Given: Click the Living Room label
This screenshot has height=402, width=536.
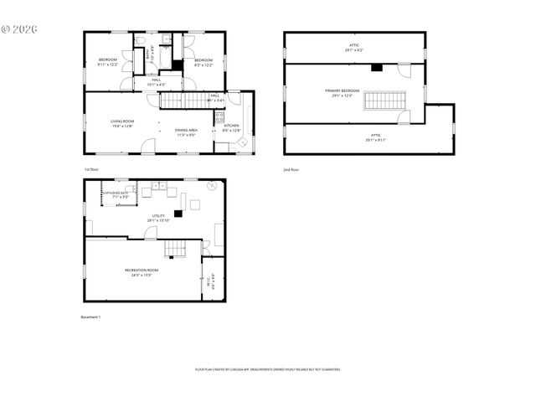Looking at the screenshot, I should pos(122,123).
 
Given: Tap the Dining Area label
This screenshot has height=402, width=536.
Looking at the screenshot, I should pos(186,131).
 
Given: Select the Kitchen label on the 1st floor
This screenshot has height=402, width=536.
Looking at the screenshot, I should pos(231,127).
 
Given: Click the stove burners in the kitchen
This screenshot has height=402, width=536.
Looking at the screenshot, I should pos(219,116).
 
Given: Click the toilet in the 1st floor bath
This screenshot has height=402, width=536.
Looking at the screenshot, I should pos(140,40).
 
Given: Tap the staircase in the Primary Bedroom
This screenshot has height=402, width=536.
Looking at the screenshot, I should pos(384,100).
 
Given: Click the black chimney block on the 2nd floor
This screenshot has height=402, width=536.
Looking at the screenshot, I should pos(377,68).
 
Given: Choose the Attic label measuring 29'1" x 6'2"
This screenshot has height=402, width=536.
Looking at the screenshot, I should pos(353,47).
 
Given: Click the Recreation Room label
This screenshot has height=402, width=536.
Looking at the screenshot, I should pos(142,271).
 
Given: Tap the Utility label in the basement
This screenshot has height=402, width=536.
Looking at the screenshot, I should pos(158,218).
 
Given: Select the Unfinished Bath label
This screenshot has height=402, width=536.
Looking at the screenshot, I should pos(115,195).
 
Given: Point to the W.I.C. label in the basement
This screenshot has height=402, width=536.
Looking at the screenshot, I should pos(213,282).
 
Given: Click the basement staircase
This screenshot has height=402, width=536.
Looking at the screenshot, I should pos(175,248).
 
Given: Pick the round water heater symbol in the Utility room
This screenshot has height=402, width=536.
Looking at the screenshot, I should pos(210,187).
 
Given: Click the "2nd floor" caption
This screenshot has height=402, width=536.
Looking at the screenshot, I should pos(291,170).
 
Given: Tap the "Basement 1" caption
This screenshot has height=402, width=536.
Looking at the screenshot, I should pos(90,317).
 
